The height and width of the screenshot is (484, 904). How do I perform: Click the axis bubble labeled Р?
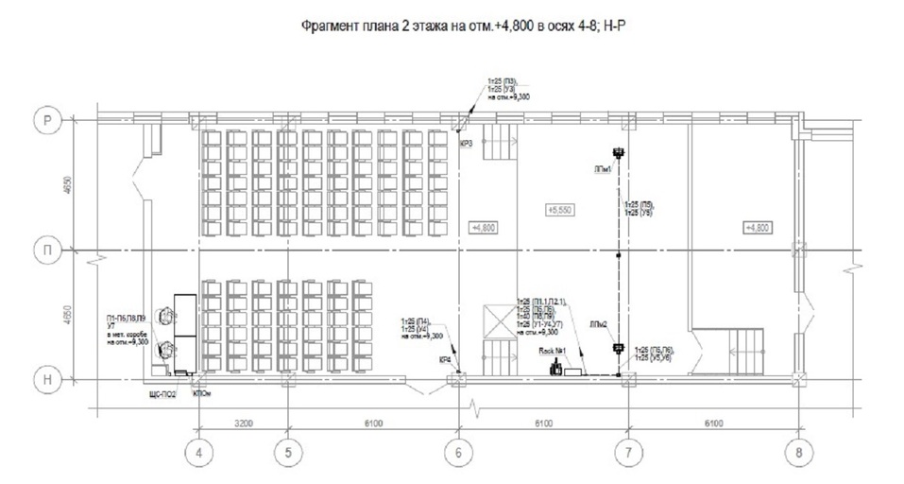[x=45, y=120]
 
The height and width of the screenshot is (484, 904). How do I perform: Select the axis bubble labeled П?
[x=45, y=250]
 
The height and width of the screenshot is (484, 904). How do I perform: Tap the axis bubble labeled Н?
[x=45, y=379]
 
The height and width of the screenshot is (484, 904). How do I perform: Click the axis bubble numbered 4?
[x=198, y=452]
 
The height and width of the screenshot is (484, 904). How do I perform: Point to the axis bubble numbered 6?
[x=458, y=452]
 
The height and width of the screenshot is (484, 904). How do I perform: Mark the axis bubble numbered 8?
[x=799, y=452]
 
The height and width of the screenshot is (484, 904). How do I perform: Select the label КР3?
[x=467, y=144]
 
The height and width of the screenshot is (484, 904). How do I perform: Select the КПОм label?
[x=201, y=392]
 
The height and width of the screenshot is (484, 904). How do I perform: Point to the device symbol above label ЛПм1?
[x=619, y=152]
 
